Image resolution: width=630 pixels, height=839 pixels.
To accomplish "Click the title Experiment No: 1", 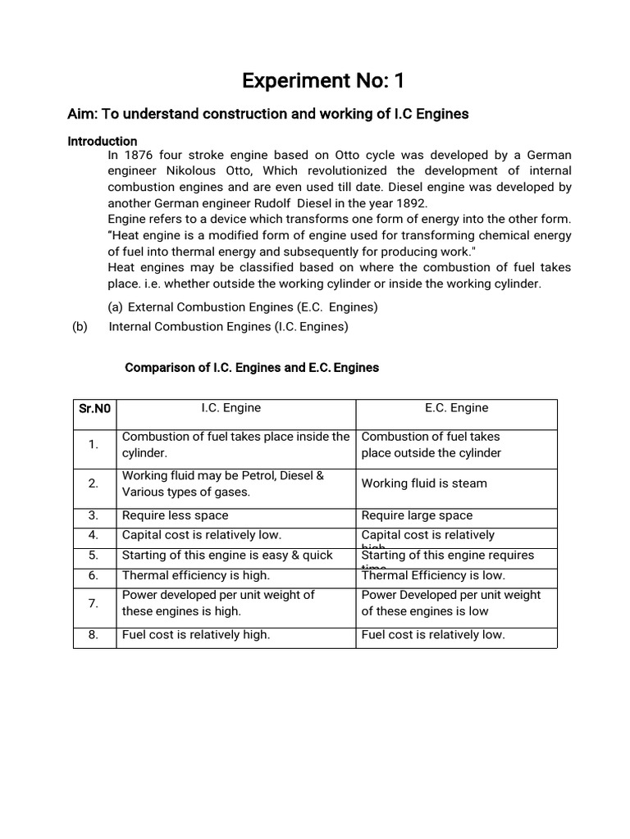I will pos(322,81).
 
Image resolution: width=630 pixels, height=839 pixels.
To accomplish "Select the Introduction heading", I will pos(102,141).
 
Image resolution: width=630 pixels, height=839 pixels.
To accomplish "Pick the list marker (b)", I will pos(79,326).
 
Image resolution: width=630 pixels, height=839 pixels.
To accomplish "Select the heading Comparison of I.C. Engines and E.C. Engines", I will pos(251,368).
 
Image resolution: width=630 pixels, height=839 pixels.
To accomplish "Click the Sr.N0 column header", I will pos(94,408).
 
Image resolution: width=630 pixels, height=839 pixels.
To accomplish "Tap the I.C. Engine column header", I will pos(231,407).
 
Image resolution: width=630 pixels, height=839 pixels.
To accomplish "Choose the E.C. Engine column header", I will pos(456,407).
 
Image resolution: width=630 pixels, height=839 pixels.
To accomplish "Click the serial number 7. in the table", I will pos(94,603).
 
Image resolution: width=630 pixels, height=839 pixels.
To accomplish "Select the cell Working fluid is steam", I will pos(424,483).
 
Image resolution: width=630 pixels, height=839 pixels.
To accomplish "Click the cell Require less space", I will pos(175,515).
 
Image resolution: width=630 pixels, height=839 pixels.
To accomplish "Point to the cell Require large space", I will pos(417,515).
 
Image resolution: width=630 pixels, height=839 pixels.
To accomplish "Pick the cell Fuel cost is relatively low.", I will pos(433,634).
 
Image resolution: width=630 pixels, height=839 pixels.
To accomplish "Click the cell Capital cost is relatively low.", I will pos(201,535).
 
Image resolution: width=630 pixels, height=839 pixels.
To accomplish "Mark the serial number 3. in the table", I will pos(94,515).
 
